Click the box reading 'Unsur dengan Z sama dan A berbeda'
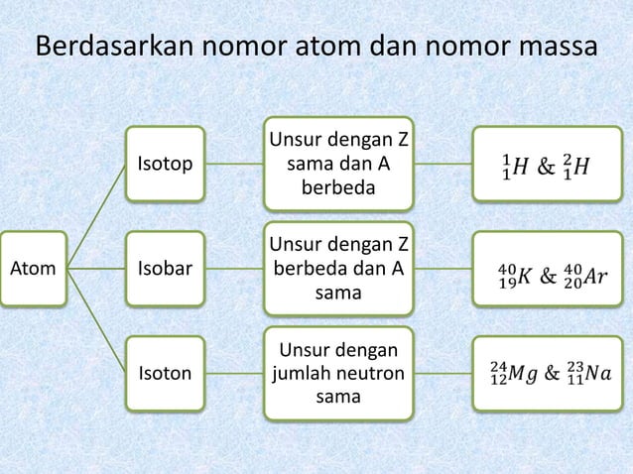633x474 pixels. coord(337,163)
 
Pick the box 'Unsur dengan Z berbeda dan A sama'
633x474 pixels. coord(337,268)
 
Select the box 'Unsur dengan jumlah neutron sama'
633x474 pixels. coord(337,373)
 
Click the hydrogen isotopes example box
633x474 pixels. coord(548,163)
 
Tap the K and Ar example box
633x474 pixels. coord(548,268)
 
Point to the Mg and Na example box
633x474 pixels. coord(548,373)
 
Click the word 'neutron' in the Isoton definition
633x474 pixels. coord(369,374)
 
